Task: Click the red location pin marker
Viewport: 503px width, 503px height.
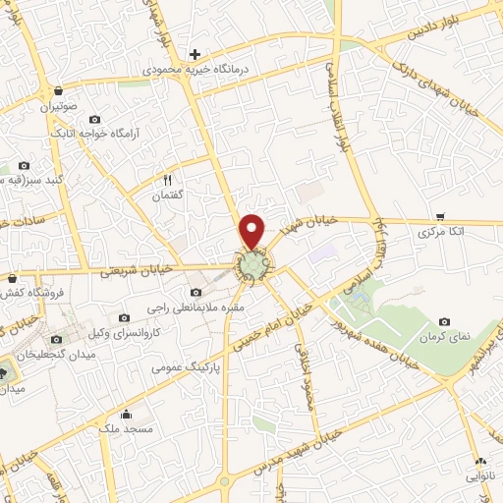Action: coord(252,230)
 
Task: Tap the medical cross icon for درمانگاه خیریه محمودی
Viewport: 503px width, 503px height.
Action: coord(196,54)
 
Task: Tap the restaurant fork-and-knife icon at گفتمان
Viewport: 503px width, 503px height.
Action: coord(167,179)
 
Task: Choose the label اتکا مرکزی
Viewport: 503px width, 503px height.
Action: coord(439,233)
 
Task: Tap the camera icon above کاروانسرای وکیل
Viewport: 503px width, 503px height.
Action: coord(125,317)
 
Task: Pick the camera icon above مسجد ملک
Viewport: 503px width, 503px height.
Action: coord(125,413)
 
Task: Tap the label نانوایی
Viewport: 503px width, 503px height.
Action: coord(479,475)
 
